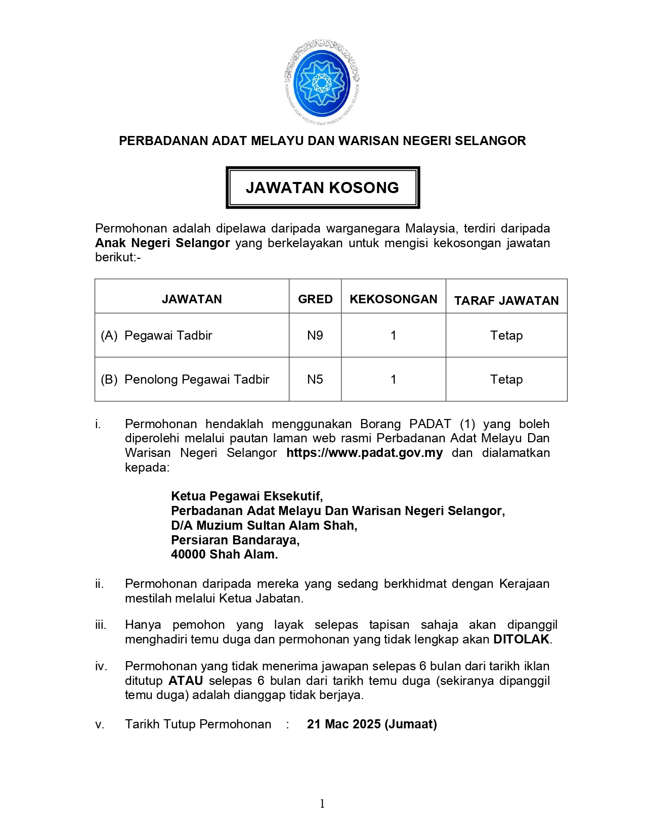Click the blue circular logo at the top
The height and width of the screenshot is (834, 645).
pyautogui.click(x=322, y=82)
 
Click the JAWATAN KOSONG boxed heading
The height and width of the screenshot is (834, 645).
pyautogui.click(x=322, y=188)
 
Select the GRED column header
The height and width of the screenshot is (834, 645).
pyautogui.click(x=315, y=299)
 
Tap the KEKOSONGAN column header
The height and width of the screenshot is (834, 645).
pyautogui.click(x=393, y=299)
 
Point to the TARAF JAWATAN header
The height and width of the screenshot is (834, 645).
pyautogui.click(x=506, y=301)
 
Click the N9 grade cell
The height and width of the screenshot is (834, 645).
pyautogui.click(x=315, y=336)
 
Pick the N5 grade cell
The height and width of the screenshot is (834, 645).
pyautogui.click(x=315, y=380)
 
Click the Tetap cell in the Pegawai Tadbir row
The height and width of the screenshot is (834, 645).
pyautogui.click(x=506, y=336)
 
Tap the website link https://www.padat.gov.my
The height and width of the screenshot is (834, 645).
pyautogui.click(x=364, y=453)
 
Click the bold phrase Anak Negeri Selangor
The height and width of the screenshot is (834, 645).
pyautogui.click(x=162, y=243)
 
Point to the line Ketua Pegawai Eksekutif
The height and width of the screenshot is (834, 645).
pyautogui.click(x=247, y=496)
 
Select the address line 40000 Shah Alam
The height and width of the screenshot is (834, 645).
pyautogui.click(x=224, y=554)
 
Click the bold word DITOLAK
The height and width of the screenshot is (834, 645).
pyautogui.click(x=521, y=639)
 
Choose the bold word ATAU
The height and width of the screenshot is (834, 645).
pyautogui.click(x=186, y=681)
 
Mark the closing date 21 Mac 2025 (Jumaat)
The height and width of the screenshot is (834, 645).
pyautogui.click(x=372, y=724)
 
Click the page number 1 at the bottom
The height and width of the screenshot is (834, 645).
pyautogui.click(x=322, y=804)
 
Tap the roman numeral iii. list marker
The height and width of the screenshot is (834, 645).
pyautogui.click(x=101, y=625)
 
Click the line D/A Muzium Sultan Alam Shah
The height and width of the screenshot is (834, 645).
pyautogui.click(x=264, y=526)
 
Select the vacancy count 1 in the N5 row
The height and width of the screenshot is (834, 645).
pyautogui.click(x=393, y=380)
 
